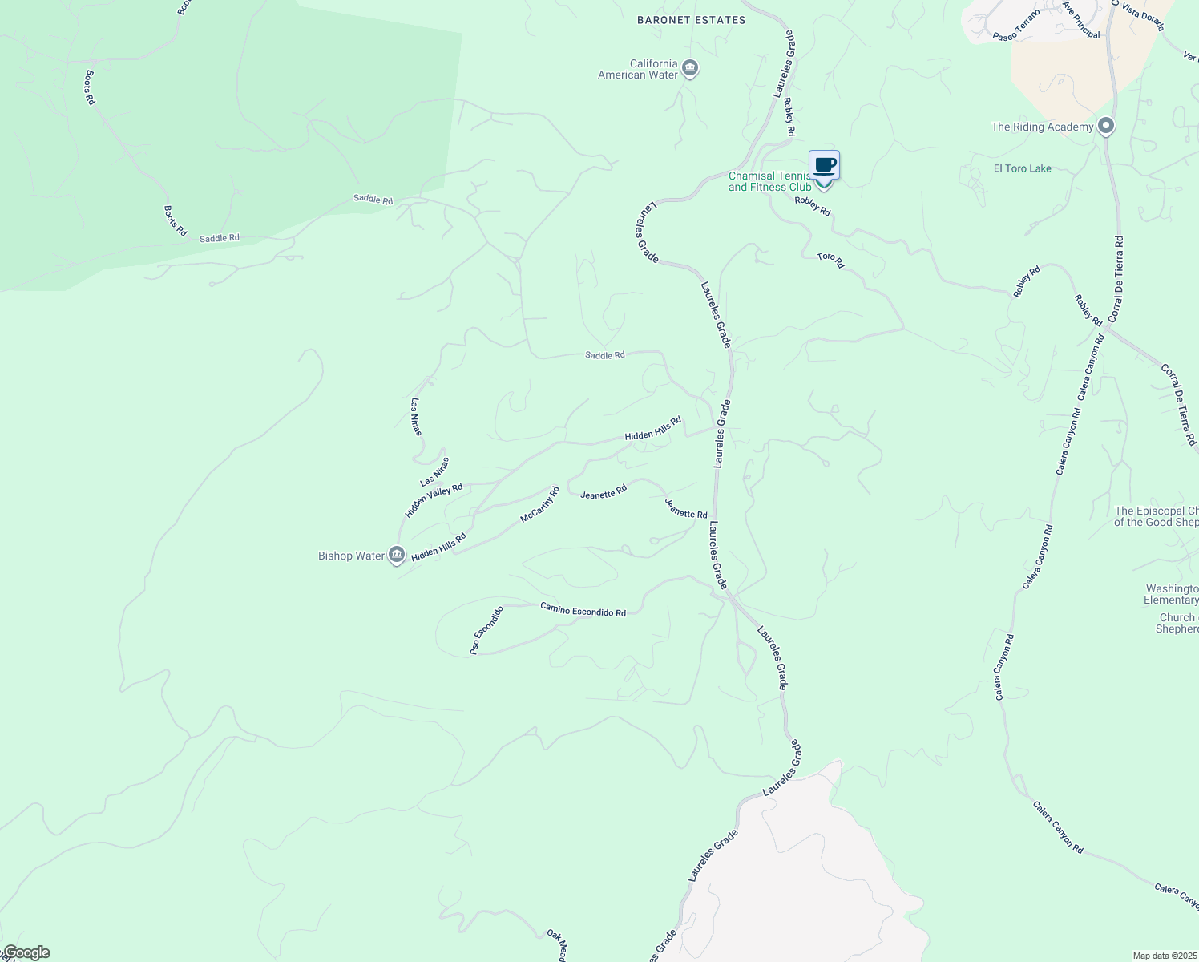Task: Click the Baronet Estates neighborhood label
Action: [691, 20]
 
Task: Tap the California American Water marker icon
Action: [690, 69]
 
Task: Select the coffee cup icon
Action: [824, 165]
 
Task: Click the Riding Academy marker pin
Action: [1106, 127]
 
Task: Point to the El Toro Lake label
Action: [1022, 168]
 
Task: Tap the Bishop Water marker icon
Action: [396, 555]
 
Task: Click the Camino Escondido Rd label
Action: [583, 609]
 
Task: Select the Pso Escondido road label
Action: [486, 630]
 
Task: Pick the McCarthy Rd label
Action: [539, 505]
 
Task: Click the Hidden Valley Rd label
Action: [434, 500]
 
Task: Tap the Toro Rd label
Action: [830, 261]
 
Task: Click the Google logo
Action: [26, 952]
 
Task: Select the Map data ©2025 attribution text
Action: [1164, 956]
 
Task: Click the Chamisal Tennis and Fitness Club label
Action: [769, 181]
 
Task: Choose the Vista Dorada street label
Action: [1143, 16]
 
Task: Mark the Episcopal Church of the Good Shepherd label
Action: [1156, 516]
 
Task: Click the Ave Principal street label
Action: [1082, 19]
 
